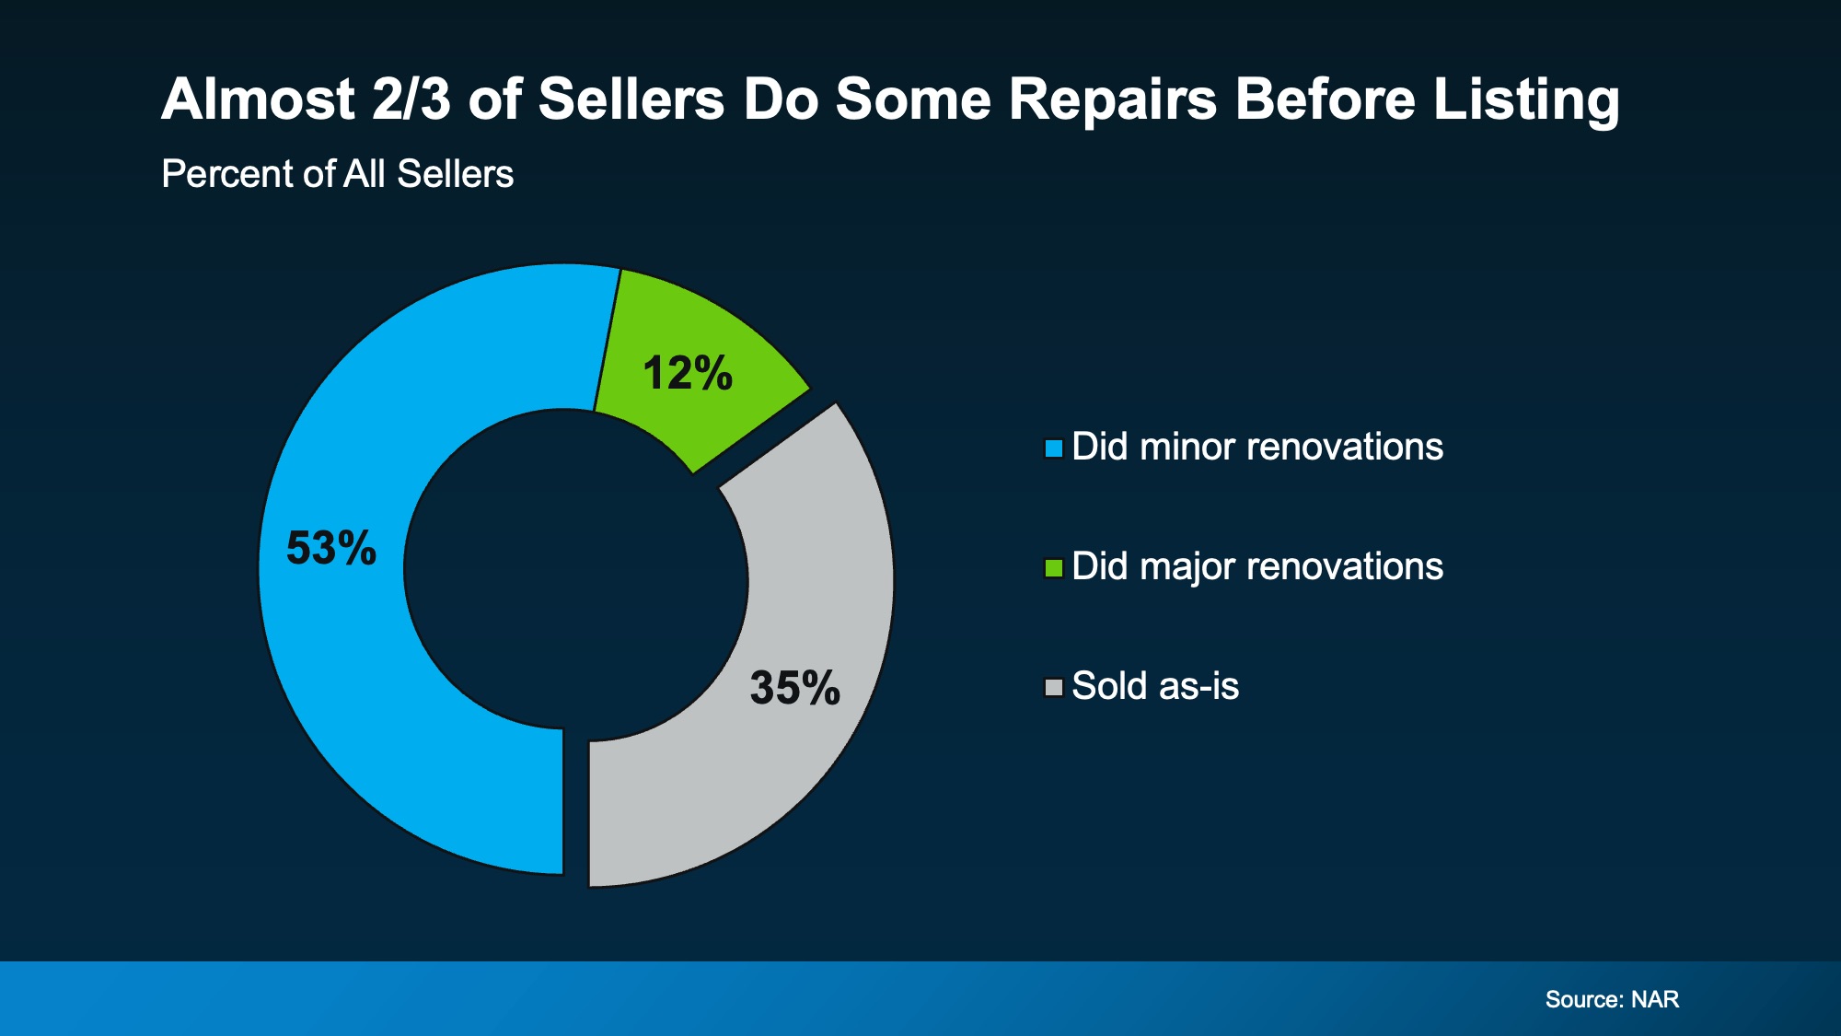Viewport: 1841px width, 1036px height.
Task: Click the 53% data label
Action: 331,548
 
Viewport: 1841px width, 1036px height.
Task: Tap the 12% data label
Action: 688,374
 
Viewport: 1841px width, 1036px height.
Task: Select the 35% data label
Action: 794,688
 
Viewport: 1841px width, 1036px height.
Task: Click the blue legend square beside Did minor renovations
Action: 1054,448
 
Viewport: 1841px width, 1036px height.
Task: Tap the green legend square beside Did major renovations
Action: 1054,568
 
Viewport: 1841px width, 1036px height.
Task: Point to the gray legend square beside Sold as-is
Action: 1054,688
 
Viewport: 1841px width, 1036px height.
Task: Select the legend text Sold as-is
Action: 1155,686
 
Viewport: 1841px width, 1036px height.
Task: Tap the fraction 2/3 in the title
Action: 411,99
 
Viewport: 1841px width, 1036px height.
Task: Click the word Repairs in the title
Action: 1112,99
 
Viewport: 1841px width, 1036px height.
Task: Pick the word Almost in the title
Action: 258,99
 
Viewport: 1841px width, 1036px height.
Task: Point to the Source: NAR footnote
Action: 1612,999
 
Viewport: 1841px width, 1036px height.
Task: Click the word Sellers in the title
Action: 631,99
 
